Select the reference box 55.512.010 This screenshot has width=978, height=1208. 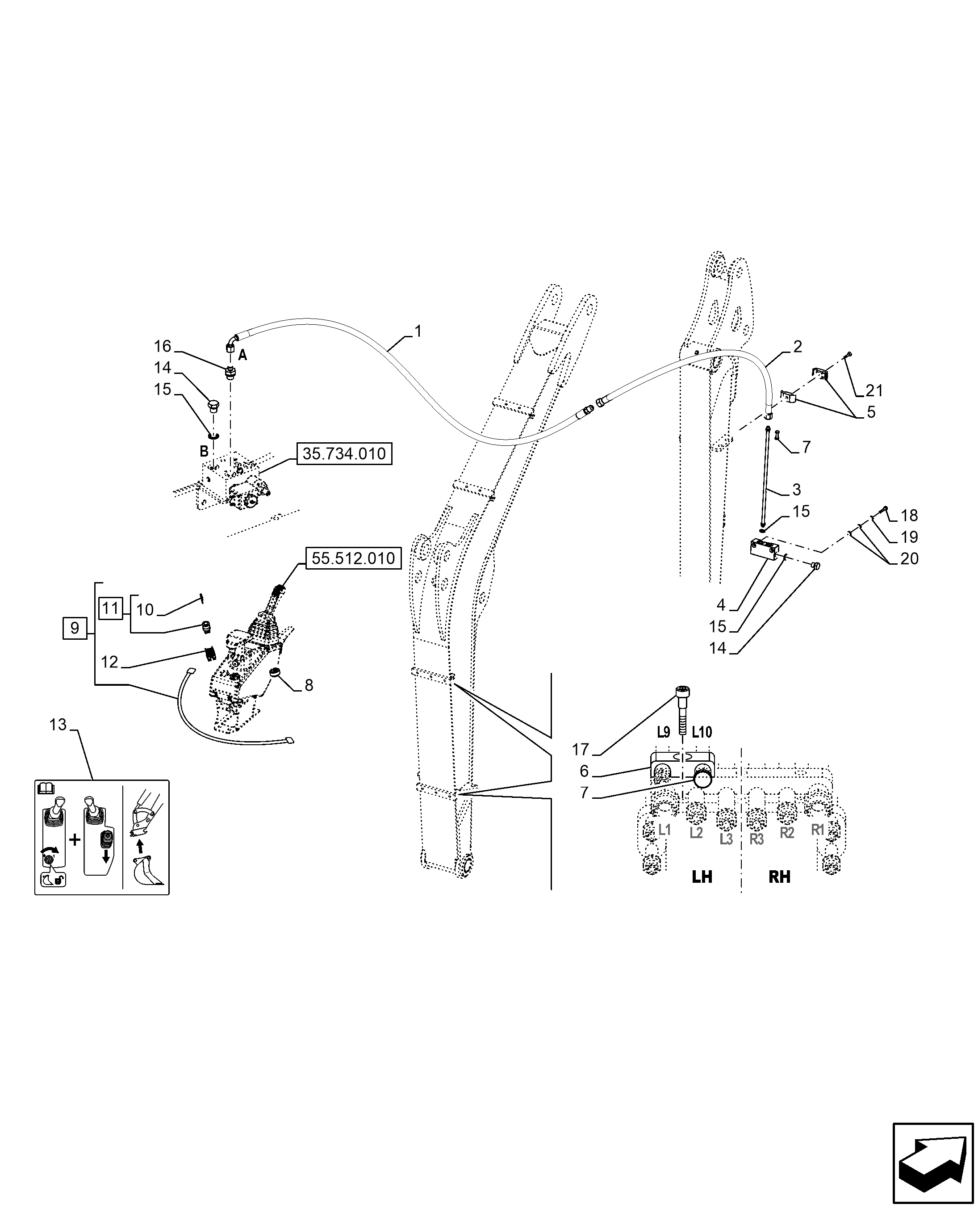point(353,558)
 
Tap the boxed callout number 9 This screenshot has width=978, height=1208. point(75,627)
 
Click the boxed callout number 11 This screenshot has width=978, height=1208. point(111,608)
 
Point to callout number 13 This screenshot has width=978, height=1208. point(58,725)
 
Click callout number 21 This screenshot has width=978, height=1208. point(874,390)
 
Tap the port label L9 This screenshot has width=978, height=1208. point(664,733)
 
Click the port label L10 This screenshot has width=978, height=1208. point(702,733)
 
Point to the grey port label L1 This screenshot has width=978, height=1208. point(665,830)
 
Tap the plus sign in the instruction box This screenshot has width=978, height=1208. point(75,840)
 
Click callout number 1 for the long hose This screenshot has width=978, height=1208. point(418,331)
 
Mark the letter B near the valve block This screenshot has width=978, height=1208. point(204,451)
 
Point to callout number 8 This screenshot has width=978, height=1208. point(309,685)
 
